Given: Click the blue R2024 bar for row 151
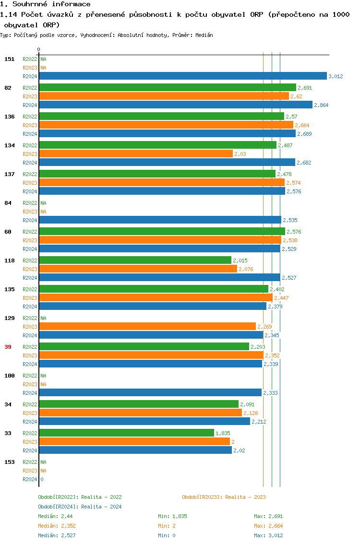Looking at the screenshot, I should (x=182, y=76).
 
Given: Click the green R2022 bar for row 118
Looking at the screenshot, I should (x=135, y=260).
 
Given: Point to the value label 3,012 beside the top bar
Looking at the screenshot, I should (x=336, y=76).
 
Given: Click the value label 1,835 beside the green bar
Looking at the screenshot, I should (x=223, y=433).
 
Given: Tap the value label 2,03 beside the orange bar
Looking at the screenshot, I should (x=240, y=154).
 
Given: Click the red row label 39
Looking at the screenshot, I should (x=8, y=347).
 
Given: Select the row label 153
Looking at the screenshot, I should (x=9, y=462).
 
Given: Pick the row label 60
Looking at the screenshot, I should (x=8, y=232).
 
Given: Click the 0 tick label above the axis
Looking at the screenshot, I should (x=38, y=49).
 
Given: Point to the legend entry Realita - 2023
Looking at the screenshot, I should (x=224, y=497).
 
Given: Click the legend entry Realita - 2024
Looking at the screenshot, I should (x=80, y=507).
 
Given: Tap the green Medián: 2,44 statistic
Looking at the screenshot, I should (x=55, y=516).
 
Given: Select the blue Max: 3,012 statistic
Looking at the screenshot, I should (x=268, y=535).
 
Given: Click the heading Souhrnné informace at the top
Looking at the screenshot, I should (x=46, y=4).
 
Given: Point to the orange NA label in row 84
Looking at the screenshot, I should (x=43, y=212).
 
